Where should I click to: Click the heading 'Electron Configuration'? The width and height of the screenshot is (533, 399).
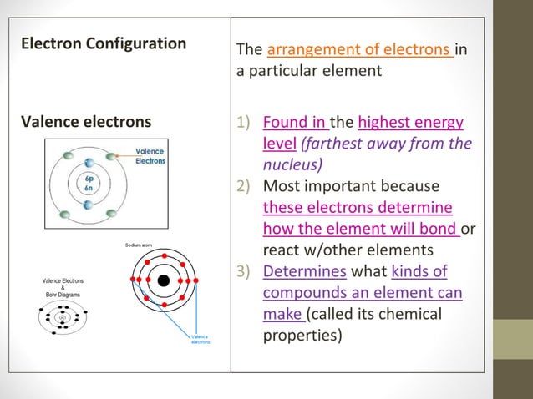[x=103, y=43]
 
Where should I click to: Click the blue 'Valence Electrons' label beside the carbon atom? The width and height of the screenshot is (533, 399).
[x=151, y=155]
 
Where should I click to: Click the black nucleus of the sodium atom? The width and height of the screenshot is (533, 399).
[x=165, y=280]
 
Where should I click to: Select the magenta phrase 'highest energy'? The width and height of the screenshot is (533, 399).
[x=410, y=124]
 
